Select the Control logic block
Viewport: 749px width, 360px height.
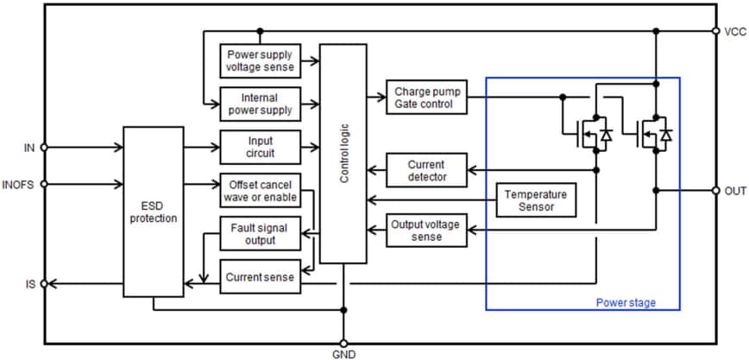(343, 154)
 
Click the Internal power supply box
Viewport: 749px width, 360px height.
(261, 104)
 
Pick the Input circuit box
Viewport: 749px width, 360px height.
(261, 147)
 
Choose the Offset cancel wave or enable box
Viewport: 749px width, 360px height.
(261, 191)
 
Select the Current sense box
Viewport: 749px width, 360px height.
(261, 277)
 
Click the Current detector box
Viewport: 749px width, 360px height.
(427, 170)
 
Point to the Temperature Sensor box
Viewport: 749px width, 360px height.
(536, 200)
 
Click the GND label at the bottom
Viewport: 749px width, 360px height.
(343, 354)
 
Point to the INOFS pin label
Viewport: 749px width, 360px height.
(19, 184)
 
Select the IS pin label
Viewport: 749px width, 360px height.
(30, 283)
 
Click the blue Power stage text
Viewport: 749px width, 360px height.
(626, 302)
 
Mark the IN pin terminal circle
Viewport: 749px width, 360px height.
(44, 148)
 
